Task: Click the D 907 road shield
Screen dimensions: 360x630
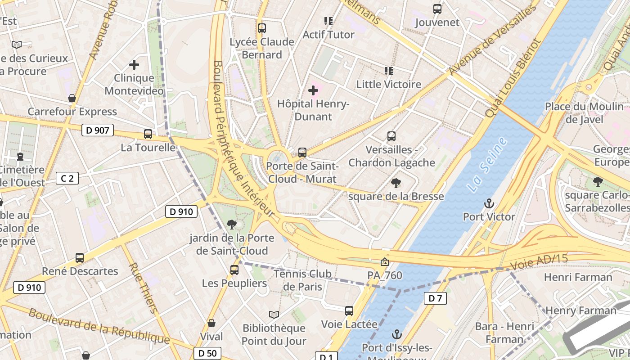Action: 97,130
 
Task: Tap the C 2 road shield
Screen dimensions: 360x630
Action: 67,178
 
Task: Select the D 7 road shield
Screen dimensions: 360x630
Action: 435,298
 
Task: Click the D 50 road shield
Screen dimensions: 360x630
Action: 207,353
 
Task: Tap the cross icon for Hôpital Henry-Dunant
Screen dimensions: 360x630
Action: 313,91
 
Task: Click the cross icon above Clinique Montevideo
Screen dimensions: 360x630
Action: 134,65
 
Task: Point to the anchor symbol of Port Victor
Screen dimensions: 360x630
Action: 489,204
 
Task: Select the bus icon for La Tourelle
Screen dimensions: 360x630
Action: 148,134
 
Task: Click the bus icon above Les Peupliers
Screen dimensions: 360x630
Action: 234,270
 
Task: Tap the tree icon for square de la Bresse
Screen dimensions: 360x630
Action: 396,183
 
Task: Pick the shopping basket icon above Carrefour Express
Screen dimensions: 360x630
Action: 72,98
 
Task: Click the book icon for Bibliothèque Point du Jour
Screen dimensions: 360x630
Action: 274,315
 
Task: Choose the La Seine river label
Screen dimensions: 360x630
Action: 487,165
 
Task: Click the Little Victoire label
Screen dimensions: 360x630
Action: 389,84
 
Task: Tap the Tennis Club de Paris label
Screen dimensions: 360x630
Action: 302,280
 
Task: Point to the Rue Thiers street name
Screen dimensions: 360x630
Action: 143,288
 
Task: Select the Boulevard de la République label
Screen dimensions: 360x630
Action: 99,325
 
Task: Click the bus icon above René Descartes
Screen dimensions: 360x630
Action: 80,258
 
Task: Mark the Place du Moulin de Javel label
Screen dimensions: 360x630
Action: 584,113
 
